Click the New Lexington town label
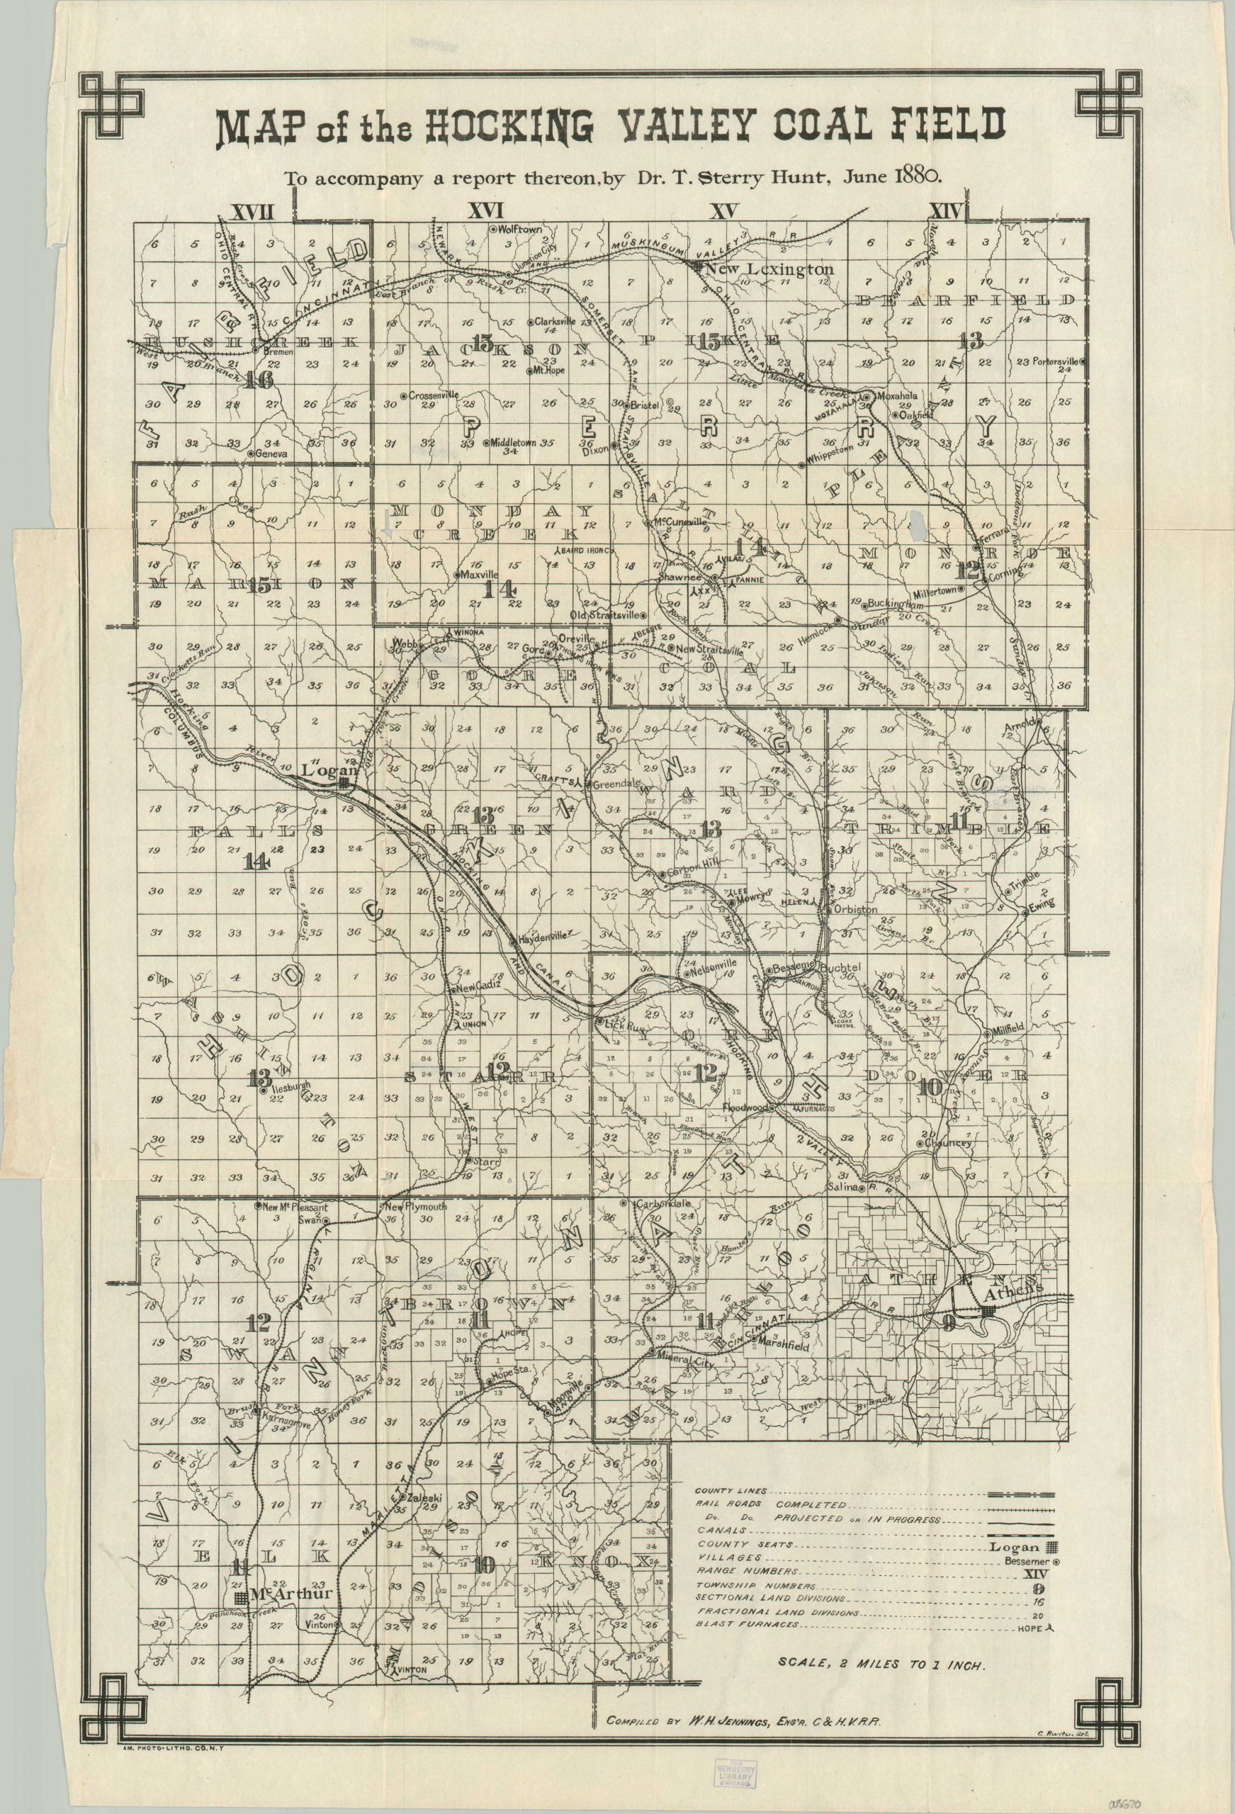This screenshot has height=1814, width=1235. [769, 269]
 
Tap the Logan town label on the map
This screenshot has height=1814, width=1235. [323, 769]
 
